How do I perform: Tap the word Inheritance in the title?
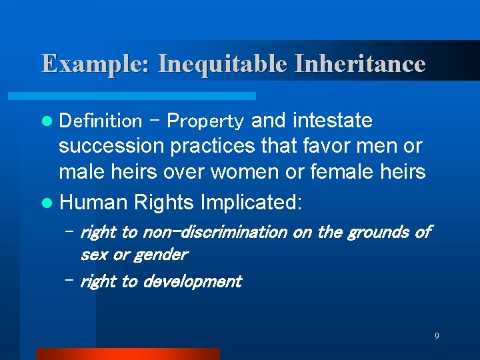pyautogui.click(x=360, y=64)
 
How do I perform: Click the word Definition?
pyautogui.click(x=101, y=121)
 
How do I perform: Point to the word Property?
pyautogui.click(x=205, y=121)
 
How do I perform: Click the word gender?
pyautogui.click(x=160, y=254)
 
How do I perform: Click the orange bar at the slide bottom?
pyautogui.click(x=127, y=354)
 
